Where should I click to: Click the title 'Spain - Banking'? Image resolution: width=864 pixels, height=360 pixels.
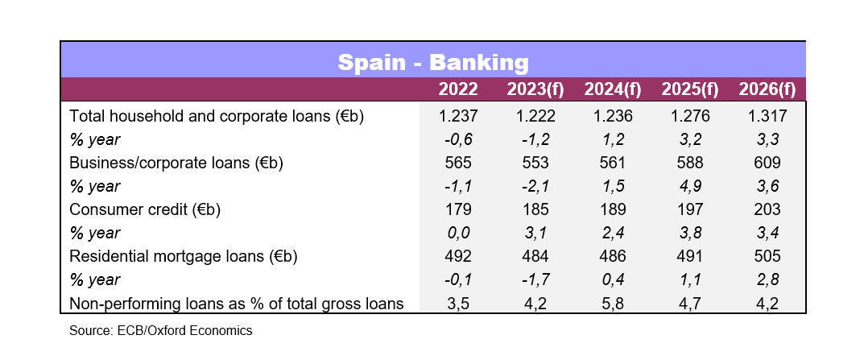coord(432,62)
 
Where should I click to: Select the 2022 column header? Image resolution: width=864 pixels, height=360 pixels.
coord(457,89)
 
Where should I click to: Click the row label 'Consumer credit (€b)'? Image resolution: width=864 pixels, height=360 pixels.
coord(145,209)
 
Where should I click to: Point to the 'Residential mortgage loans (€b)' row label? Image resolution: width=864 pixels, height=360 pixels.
coord(184,257)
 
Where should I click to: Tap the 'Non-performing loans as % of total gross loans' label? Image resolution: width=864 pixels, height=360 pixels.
coord(236,304)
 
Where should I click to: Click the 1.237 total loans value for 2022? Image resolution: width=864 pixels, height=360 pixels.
coord(457,116)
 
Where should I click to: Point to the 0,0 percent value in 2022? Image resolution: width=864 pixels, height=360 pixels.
coord(457,234)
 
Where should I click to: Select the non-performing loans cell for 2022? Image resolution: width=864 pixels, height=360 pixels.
coord(457,304)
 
